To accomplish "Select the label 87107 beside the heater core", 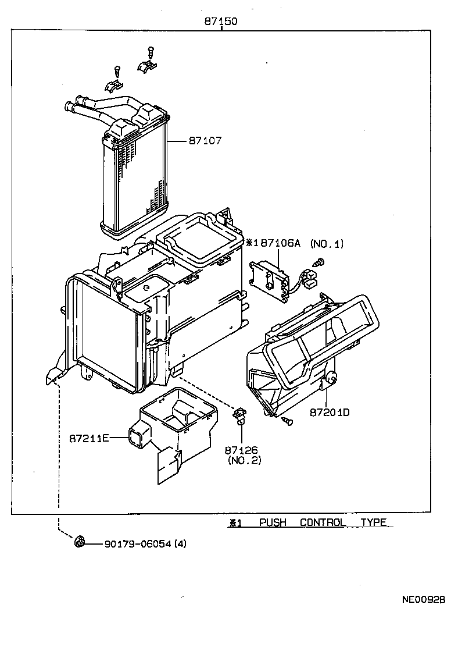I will pyautogui.click(x=205, y=141).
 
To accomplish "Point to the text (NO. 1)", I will pyautogui.click(x=327, y=244).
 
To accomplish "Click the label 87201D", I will pyautogui.click(x=329, y=413).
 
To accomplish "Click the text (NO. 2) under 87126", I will pyautogui.click(x=244, y=460).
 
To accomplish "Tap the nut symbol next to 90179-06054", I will pyautogui.click(x=80, y=543).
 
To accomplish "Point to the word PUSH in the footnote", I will pyautogui.click(x=273, y=523).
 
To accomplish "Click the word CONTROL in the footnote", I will pyautogui.click(x=323, y=523).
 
